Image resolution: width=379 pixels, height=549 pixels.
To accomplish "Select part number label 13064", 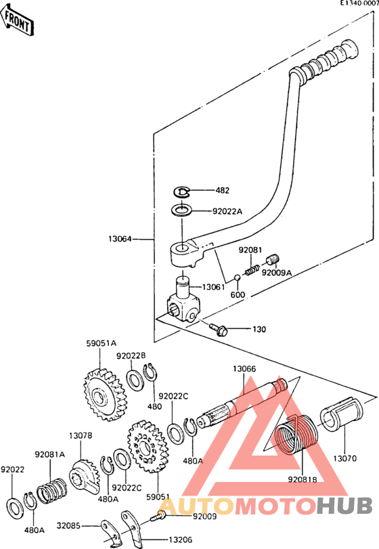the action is pyautogui.click(x=120, y=239).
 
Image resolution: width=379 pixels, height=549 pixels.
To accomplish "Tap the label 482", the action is pyautogui.click(x=222, y=190).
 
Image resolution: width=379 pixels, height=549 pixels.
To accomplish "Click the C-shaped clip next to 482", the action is pyautogui.click(x=182, y=191).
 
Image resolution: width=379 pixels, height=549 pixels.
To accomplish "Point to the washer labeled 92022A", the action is pyautogui.click(x=181, y=211).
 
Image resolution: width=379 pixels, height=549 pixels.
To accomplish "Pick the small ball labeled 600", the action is pyautogui.click(x=238, y=278).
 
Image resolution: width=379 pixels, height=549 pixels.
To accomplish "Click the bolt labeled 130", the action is pyautogui.click(x=219, y=329).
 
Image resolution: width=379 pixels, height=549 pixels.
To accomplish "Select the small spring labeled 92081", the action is pyautogui.click(x=252, y=270).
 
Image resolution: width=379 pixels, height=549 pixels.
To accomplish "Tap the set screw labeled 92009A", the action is pyautogui.click(x=273, y=260).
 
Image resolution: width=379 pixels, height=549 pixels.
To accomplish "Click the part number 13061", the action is pyautogui.click(x=213, y=287).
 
